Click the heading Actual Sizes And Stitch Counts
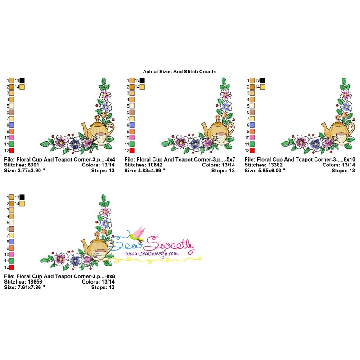[180, 72]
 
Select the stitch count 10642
[155, 165]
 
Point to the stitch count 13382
[275, 165]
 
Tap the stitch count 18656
[34, 282]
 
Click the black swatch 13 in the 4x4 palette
[22, 81]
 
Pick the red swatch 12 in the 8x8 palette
[12, 267]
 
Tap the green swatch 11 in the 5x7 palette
[132, 144]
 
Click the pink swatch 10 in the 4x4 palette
[12, 138]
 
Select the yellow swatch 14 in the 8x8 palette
[22, 203]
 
